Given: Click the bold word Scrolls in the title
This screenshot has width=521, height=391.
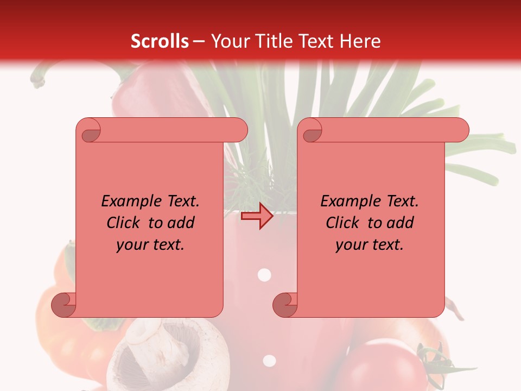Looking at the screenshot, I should [x=160, y=41].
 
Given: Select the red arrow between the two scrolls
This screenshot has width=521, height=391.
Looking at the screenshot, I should [x=257, y=216].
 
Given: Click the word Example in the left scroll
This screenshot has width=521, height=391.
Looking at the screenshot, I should [x=125, y=201].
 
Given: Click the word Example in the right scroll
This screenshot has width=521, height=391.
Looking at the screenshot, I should [x=345, y=201].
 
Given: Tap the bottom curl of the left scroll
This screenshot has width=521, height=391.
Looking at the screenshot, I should [x=63, y=305].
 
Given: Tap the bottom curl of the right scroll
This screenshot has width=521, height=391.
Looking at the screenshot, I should [x=285, y=305].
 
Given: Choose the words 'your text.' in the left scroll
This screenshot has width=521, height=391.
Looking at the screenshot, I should [x=150, y=245].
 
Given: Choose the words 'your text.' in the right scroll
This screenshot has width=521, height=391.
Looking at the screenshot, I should [x=370, y=245].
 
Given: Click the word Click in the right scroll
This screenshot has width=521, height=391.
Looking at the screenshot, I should [x=342, y=223].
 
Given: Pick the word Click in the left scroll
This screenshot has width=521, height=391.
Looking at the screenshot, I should [x=123, y=223].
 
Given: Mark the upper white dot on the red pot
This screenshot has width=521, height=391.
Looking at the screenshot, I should [x=264, y=275].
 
